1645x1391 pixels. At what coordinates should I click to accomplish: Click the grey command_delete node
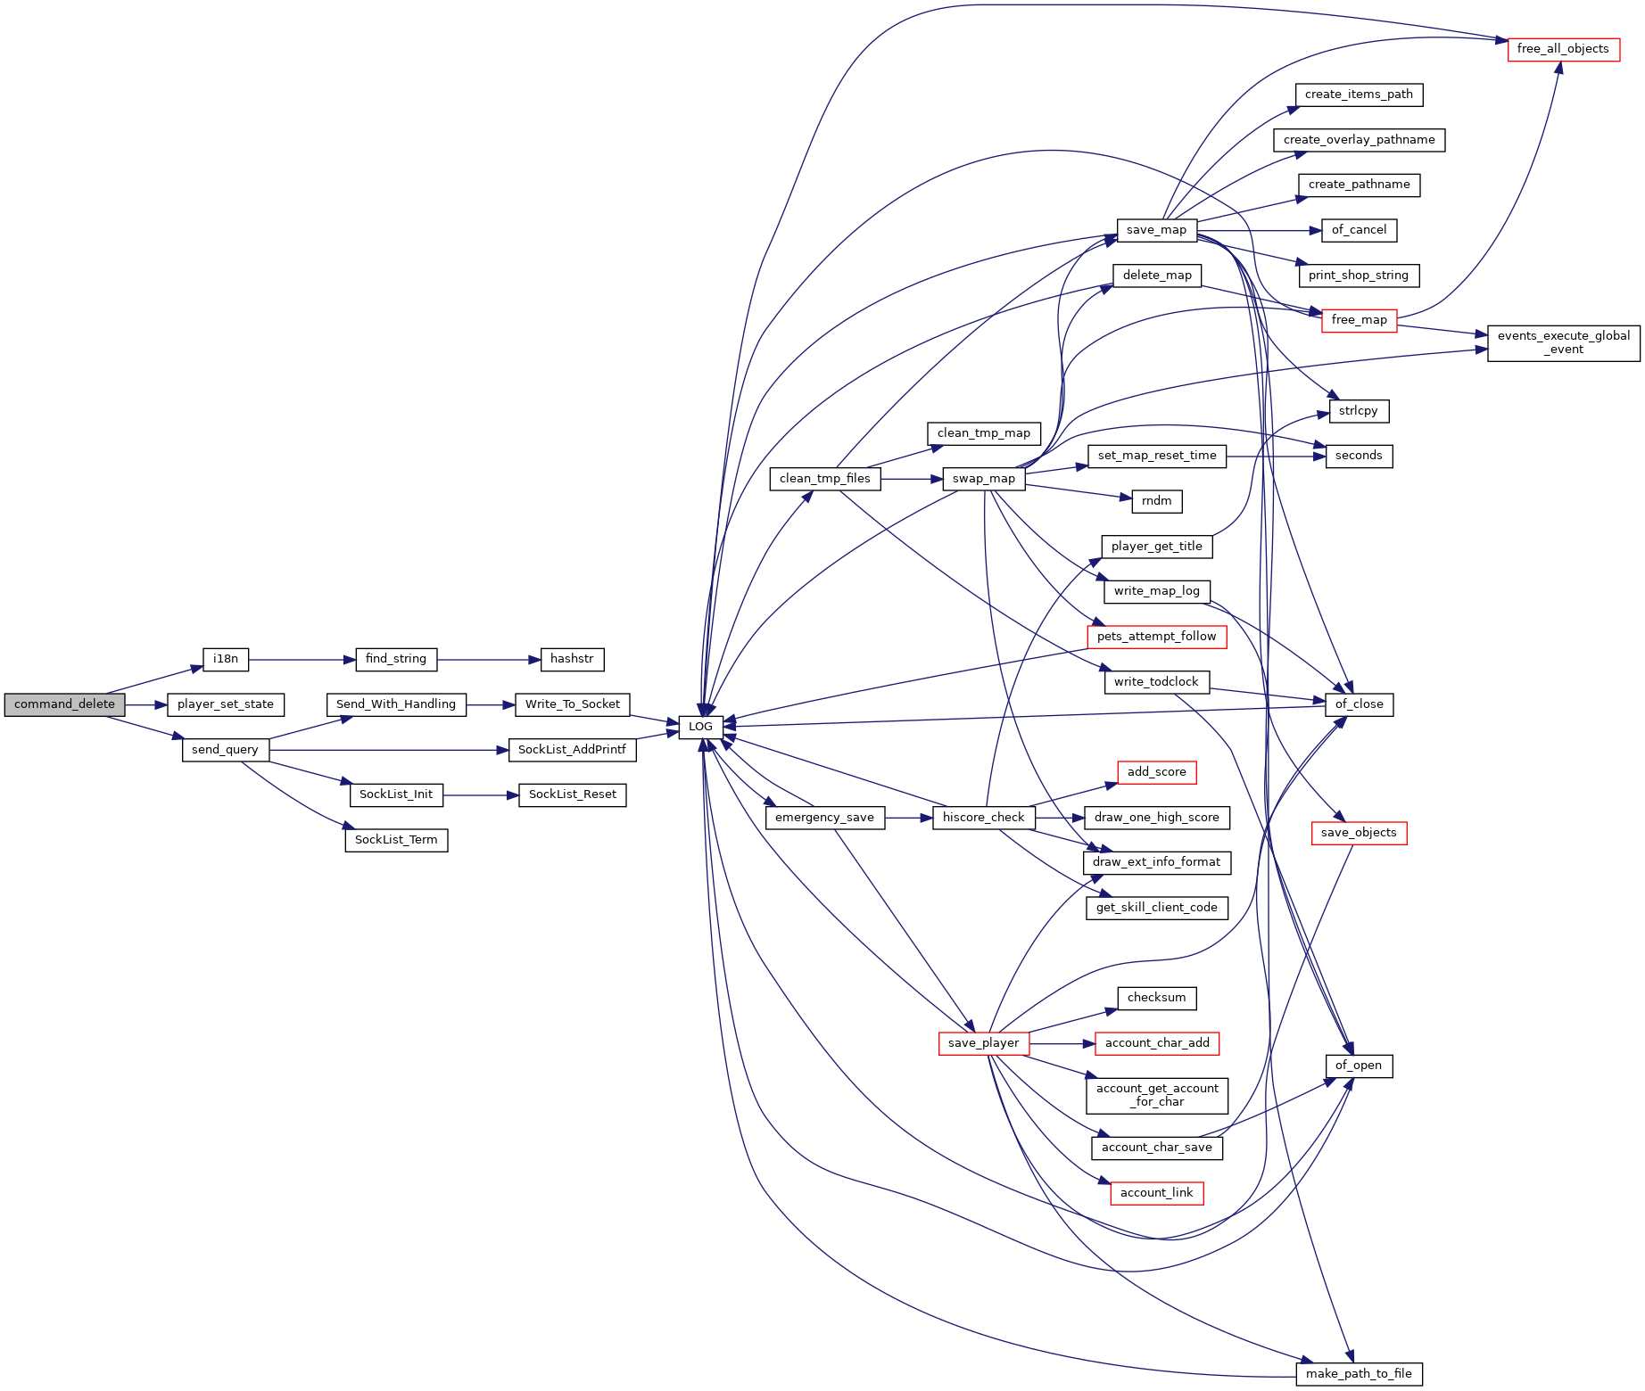64,704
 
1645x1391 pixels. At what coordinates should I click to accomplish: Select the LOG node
700,727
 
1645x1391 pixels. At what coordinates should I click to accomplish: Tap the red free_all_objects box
1563,49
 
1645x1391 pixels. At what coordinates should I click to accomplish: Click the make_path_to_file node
1359,1374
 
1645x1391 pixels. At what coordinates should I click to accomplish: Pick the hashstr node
572,659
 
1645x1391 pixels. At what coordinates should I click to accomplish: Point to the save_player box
983,1043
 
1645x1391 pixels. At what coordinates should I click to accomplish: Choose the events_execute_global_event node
1564,343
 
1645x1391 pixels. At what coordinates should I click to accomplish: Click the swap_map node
984,479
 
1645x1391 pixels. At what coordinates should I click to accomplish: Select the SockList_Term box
396,840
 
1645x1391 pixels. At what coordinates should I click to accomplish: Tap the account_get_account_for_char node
1157,1095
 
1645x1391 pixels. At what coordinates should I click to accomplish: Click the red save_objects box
1359,833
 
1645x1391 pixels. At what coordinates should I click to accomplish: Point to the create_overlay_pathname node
1359,140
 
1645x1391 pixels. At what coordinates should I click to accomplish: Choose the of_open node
1359,1066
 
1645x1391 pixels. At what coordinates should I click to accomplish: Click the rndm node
1157,501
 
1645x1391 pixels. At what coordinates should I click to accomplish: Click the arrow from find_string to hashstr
489,660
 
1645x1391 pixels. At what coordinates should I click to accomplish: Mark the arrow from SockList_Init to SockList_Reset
481,795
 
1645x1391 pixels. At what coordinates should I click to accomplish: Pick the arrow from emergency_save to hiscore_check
909,818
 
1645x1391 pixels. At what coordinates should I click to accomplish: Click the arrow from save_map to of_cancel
1259,230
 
